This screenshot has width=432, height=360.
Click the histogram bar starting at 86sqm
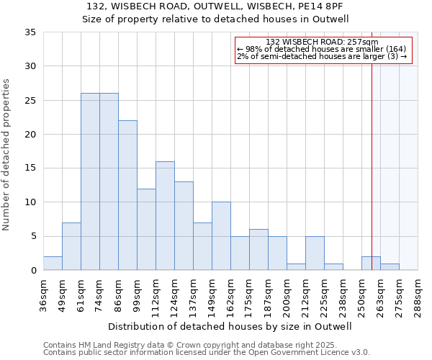pos(127,195)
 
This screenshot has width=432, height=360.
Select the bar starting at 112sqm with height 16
pos(165,216)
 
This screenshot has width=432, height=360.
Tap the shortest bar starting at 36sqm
pos(53,264)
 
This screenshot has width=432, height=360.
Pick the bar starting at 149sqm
pos(221,236)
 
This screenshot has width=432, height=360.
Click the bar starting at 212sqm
pos(315,253)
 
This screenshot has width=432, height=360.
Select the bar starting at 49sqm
pos(71,246)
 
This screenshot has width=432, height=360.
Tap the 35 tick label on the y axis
pos(30,32)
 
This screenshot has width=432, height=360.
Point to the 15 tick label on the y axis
pos(30,168)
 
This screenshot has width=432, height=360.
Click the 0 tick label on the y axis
pos(33,271)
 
